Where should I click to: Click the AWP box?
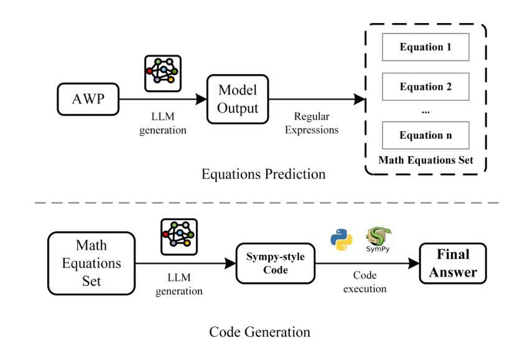88,99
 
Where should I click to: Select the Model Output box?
238,99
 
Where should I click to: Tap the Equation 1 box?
425,47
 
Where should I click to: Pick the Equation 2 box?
425,87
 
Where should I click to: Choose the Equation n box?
425,136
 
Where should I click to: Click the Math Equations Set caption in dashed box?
425,160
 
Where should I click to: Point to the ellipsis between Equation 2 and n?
425,112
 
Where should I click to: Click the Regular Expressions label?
312,123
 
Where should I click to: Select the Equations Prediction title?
264,174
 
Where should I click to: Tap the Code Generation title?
259,332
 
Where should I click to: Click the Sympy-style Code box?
276,264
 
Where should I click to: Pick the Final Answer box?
453,264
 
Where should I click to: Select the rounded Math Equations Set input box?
91,264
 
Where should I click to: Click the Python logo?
342,240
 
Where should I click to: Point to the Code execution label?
365,282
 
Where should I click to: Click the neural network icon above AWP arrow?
163,73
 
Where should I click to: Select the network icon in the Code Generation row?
179,237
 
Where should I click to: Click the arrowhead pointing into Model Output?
201,99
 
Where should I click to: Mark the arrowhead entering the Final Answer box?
414,264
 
